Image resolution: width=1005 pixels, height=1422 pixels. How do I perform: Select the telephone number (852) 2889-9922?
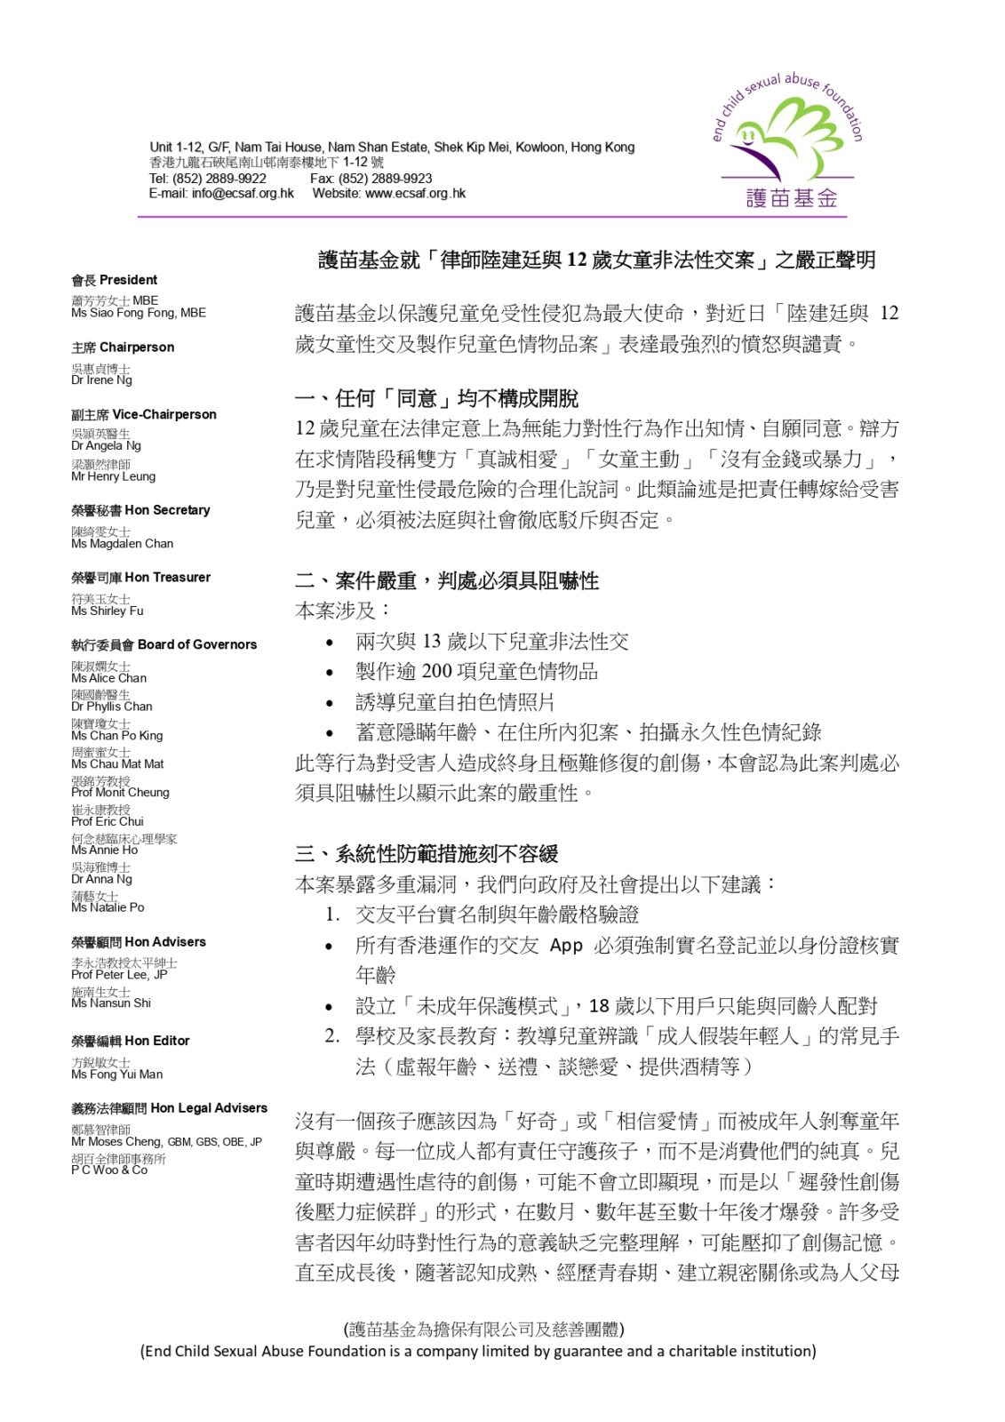coord(219,179)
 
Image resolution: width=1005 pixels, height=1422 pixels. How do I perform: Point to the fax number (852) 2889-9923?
coord(385,179)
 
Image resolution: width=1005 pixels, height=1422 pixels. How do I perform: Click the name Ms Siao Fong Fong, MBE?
coord(139,313)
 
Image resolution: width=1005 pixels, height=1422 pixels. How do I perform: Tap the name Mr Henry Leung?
coord(113,476)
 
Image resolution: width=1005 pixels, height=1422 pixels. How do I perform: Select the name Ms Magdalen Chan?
coord(122,544)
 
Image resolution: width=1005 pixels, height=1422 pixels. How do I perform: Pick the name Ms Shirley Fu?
coord(107,611)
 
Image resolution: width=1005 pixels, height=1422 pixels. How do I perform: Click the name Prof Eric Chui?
coord(107,821)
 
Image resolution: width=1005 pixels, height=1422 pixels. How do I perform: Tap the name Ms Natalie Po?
coord(108,907)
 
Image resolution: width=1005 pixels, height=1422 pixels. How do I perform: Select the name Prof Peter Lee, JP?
coord(119,975)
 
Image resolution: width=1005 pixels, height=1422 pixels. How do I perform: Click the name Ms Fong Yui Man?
coord(116,1074)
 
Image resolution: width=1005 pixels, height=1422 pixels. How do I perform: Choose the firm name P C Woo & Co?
coord(109,1170)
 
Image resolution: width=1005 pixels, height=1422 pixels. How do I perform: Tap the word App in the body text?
coord(566,946)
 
